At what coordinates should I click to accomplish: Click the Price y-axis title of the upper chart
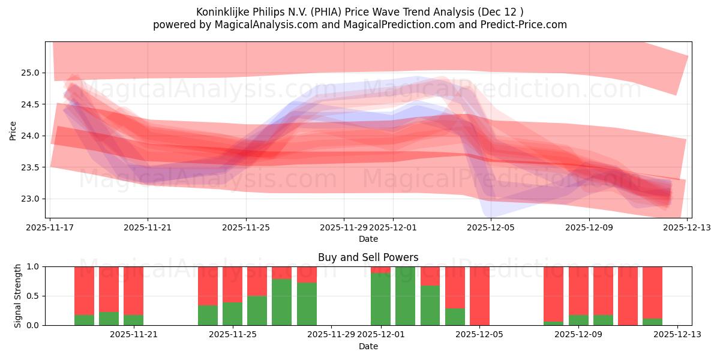pos(13,130)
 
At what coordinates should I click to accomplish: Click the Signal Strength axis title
pos(18,295)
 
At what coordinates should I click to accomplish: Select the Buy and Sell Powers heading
pos(368,257)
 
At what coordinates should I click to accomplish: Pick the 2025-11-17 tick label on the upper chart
pos(50,228)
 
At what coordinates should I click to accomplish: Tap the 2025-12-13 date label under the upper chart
pos(686,228)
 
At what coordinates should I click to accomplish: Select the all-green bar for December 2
pos(405,296)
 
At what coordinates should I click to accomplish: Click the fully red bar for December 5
pos(479,296)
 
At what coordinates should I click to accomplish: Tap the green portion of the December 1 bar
pos(380,300)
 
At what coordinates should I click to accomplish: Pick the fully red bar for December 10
pos(628,296)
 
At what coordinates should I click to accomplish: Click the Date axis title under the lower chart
pos(368,346)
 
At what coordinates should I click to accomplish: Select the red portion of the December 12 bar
pos(652,291)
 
